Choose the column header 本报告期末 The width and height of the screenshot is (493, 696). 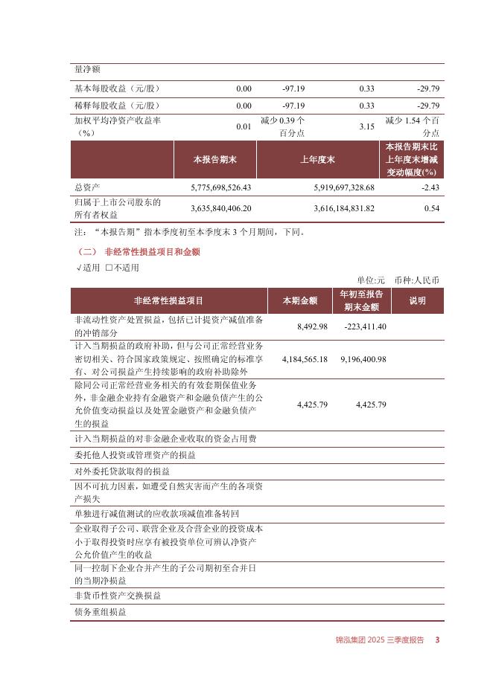click(215, 160)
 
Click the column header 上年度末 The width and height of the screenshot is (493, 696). click(318, 160)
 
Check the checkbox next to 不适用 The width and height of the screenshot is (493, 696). click(109, 268)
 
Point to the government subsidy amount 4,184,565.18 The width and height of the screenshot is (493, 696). click(305, 359)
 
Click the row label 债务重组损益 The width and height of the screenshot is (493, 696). click(101, 612)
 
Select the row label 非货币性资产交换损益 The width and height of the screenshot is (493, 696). click(118, 596)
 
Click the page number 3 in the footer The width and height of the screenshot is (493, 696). click(438, 640)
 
